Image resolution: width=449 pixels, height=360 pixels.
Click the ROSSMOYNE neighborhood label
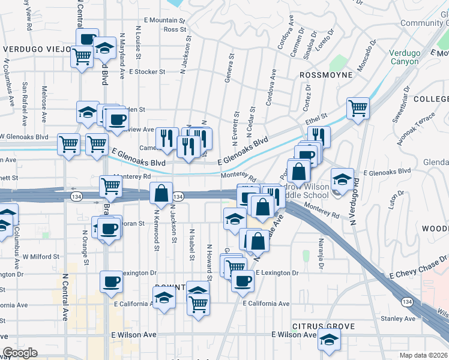(x=325, y=75)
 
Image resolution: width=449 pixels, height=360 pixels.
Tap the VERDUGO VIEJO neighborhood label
(x=34, y=49)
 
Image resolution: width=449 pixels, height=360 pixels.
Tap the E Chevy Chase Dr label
(x=418, y=259)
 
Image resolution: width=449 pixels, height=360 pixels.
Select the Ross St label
(x=175, y=29)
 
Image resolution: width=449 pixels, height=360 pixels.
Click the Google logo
(x=20, y=353)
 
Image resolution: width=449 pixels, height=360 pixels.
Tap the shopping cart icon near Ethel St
(x=358, y=109)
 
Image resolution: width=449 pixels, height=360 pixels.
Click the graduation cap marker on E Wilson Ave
(x=328, y=340)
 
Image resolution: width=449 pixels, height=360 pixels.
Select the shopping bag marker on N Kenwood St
(x=161, y=193)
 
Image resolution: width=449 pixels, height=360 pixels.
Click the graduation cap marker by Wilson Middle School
(x=342, y=179)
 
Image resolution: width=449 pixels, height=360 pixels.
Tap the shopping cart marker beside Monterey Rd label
(x=110, y=187)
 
